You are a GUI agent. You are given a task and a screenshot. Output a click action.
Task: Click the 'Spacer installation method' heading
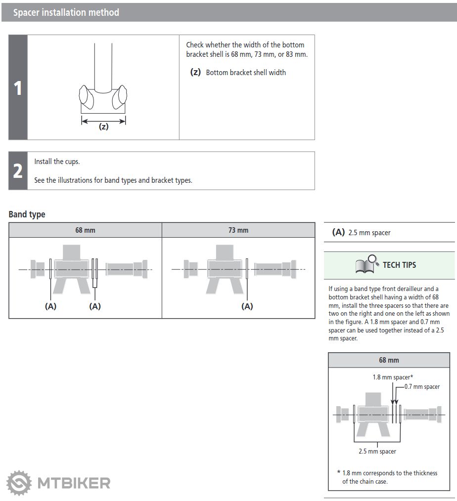66,12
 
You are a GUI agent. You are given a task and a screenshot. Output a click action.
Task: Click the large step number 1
18,88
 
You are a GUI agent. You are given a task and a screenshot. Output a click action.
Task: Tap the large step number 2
18,170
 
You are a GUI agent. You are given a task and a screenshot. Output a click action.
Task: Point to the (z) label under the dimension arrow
103,126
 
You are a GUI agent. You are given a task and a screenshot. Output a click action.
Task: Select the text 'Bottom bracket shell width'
246,73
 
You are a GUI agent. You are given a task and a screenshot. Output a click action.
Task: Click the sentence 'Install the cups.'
57,162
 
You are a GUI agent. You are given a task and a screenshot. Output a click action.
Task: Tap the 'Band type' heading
27,214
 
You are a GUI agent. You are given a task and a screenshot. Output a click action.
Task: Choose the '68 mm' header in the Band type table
85,230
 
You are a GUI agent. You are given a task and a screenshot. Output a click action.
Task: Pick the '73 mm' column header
238,230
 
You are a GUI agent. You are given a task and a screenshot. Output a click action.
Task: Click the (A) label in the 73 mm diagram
247,306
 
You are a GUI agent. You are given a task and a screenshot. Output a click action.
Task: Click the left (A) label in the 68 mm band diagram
50,306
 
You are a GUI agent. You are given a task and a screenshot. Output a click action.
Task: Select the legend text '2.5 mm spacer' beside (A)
369,233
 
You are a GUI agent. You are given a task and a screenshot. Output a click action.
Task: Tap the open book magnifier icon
366,265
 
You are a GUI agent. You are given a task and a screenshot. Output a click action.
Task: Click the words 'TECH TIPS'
399,265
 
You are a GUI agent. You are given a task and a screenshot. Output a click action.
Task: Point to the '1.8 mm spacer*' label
393,377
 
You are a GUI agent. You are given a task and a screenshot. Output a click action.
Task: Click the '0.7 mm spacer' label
422,387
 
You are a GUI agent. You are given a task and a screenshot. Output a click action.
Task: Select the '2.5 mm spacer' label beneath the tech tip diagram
377,451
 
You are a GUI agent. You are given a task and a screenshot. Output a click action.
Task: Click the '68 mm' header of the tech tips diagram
389,360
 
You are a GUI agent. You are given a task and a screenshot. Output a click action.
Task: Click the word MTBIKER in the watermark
74,483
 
